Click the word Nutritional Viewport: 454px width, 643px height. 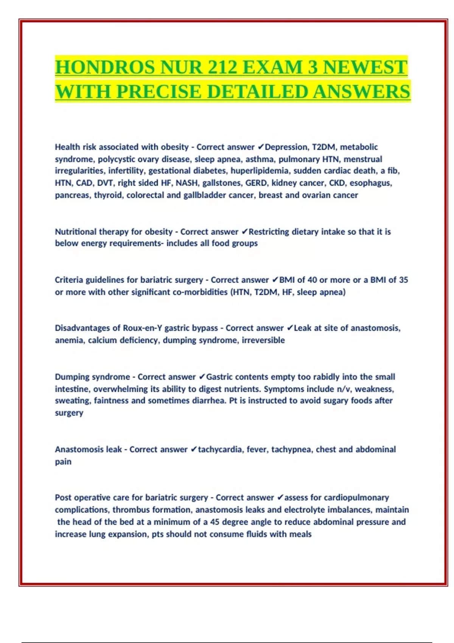(x=76, y=231)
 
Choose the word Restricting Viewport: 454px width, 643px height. (x=269, y=231)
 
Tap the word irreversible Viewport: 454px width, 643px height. (x=263, y=340)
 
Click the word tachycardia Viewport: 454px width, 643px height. (x=220, y=449)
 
